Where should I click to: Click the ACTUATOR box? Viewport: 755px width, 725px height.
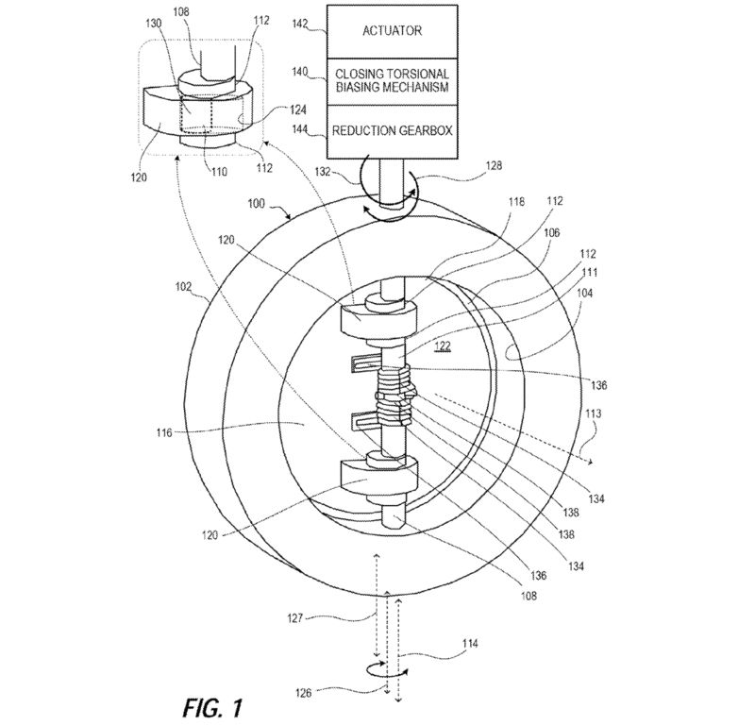[x=392, y=32]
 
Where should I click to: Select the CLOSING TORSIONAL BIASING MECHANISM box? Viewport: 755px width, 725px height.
[x=392, y=81]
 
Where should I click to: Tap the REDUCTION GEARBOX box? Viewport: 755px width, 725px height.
[x=392, y=131]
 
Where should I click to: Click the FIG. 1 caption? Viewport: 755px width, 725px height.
[x=212, y=708]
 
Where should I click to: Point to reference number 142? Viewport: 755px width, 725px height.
[x=300, y=24]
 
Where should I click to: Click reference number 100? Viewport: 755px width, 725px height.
[x=256, y=204]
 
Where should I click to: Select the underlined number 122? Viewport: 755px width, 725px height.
[x=442, y=346]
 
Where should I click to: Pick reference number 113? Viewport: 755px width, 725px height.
[x=593, y=413]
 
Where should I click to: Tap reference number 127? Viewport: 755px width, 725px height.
[x=294, y=617]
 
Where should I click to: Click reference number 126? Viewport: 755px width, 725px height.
[x=303, y=693]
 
